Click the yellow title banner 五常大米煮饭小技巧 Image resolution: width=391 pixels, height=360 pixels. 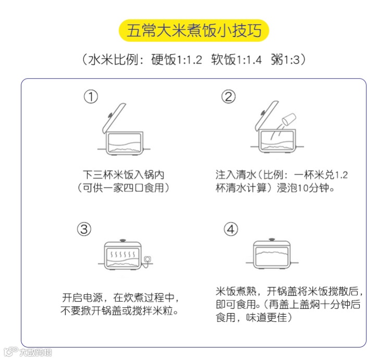(x=194, y=30)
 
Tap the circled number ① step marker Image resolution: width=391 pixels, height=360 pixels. (x=91, y=97)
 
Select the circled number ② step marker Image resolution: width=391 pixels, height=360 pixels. (x=228, y=97)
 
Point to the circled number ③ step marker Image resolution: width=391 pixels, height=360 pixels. (x=84, y=229)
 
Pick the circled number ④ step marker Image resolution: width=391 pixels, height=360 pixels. (x=230, y=229)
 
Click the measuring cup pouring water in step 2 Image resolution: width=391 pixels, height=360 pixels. (x=289, y=119)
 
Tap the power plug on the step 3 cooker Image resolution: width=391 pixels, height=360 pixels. (x=148, y=260)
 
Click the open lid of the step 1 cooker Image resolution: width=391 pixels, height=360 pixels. (x=114, y=118)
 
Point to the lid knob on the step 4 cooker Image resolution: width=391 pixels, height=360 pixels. (x=272, y=240)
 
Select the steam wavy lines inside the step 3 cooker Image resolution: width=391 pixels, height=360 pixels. (x=123, y=254)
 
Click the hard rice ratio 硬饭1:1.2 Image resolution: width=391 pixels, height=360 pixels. (x=177, y=60)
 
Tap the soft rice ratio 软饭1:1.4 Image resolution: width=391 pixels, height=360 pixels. (x=236, y=60)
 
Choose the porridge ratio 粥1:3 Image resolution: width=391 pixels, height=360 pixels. (x=285, y=60)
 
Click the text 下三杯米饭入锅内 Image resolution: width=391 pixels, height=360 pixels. (x=124, y=175)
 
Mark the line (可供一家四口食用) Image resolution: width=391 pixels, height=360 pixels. (x=123, y=188)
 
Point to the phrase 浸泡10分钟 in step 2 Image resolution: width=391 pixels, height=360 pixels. (x=306, y=188)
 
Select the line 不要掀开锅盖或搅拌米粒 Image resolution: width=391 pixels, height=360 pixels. (x=120, y=311)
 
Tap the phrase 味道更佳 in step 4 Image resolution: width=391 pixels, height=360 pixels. (x=266, y=318)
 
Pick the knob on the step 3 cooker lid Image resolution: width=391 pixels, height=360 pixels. (x=123, y=241)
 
